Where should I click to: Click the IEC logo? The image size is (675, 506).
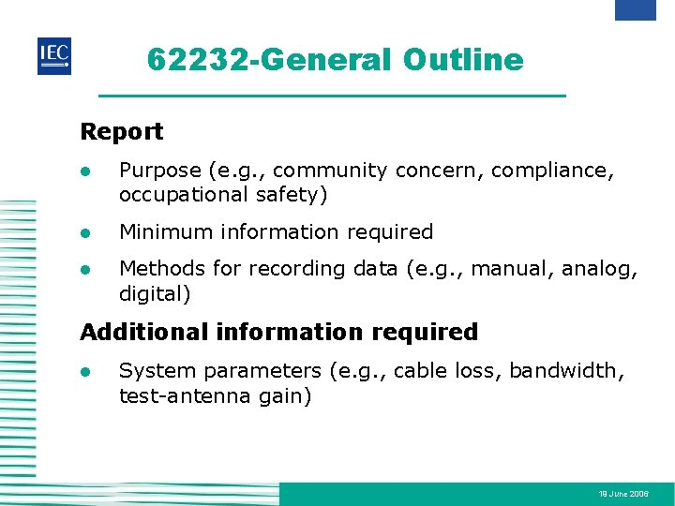(x=53, y=56)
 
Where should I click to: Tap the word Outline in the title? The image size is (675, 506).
(x=463, y=60)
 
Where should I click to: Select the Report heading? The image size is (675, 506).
(x=122, y=132)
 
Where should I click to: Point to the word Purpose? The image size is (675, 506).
(x=160, y=171)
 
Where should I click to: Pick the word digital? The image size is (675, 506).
(x=153, y=293)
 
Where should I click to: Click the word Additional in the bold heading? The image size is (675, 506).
(x=143, y=332)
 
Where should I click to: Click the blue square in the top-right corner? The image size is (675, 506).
(x=635, y=9)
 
